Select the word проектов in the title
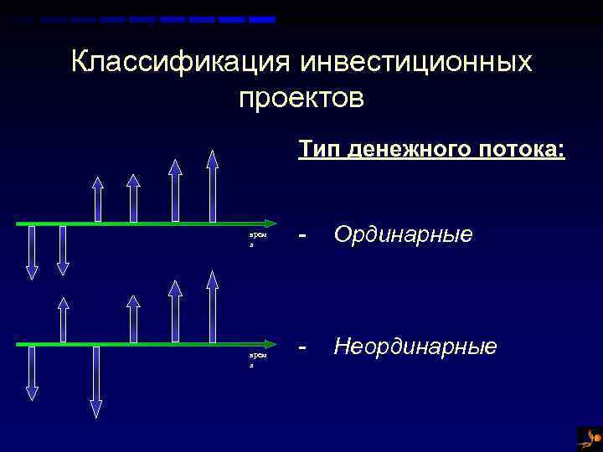[x=301, y=98]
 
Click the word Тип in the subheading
[x=320, y=150]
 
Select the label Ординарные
[x=403, y=234]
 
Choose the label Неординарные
[x=415, y=346]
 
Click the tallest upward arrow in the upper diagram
[x=213, y=186]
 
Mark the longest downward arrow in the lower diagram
[x=96, y=381]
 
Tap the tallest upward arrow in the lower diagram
[x=213, y=306]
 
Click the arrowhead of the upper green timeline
[x=270, y=223]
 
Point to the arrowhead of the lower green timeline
[x=270, y=343]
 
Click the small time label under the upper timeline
[x=257, y=239]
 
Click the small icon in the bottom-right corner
[x=590, y=438]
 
